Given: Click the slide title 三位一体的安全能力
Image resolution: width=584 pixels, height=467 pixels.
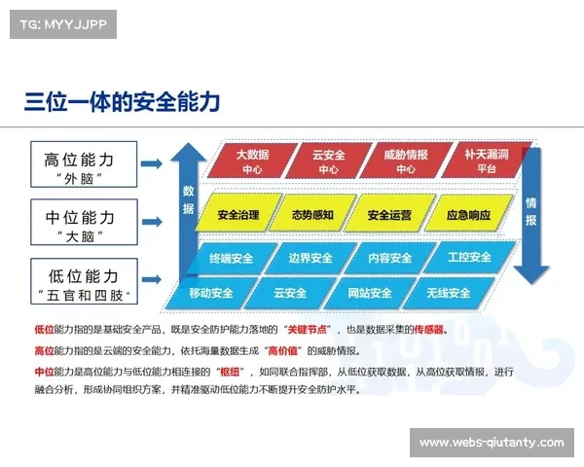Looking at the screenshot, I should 122,101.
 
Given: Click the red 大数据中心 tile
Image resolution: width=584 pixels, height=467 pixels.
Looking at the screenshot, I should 252,162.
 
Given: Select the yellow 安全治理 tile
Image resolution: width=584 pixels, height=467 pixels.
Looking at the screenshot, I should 238,215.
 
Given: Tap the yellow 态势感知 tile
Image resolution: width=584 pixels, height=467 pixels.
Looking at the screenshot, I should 312,215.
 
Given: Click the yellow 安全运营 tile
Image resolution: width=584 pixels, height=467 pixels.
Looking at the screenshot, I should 387,215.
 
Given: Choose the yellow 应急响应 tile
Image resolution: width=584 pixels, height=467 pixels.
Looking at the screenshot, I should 462,215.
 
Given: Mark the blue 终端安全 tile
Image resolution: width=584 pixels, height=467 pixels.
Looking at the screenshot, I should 231,259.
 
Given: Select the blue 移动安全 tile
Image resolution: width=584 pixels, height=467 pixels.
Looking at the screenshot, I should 210,293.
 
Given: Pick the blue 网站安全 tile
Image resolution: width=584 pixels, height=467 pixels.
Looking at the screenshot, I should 369,293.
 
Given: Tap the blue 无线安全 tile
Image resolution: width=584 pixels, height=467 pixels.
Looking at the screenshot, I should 448,293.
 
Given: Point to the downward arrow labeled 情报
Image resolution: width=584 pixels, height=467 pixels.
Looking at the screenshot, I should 532,214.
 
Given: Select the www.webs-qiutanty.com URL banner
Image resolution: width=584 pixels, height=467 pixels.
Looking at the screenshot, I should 491,443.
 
